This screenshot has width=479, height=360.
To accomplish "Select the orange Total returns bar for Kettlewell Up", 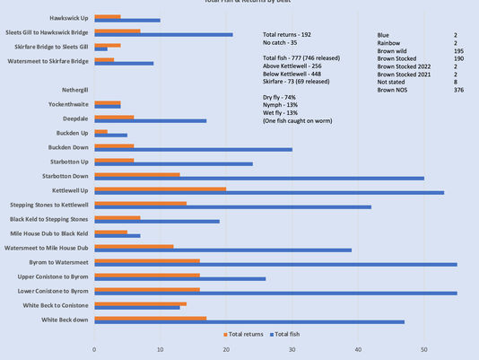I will [160, 189].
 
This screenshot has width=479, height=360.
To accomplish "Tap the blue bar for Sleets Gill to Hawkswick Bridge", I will [163, 34].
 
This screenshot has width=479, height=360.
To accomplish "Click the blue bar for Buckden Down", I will [193, 149].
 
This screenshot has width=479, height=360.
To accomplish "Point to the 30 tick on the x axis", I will [292, 349].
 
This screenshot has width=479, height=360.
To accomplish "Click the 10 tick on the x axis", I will [161, 349].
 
